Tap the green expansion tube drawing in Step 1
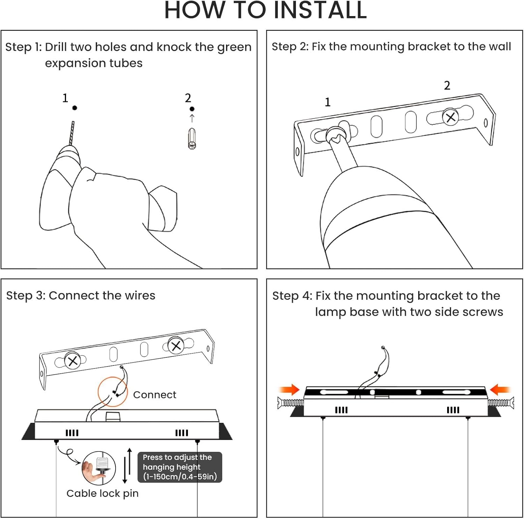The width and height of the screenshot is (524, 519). coord(192,139)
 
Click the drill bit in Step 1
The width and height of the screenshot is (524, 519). coord(72,133)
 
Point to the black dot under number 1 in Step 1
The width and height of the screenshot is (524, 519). coord(74,108)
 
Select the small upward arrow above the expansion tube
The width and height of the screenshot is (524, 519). coord(192,118)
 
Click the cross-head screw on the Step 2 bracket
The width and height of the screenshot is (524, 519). coord(451,117)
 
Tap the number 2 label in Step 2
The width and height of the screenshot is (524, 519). coord(447,85)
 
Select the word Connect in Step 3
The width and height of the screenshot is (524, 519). coord(154,394)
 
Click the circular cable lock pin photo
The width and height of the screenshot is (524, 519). coord(99,468)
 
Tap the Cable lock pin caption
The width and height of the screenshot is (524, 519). coord(102,493)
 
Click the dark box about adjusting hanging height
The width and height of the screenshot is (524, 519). coord(180,467)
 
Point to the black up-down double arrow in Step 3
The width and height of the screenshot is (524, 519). coord(127,465)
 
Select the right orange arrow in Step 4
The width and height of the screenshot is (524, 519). coord(500,389)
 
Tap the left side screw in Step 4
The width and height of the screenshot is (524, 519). coord(291,403)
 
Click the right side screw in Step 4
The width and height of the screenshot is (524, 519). coord(501,403)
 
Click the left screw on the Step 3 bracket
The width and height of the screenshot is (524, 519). coord(73,361)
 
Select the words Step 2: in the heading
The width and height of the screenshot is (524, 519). coord(290,47)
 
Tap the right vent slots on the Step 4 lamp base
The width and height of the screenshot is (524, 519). coord(453,410)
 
